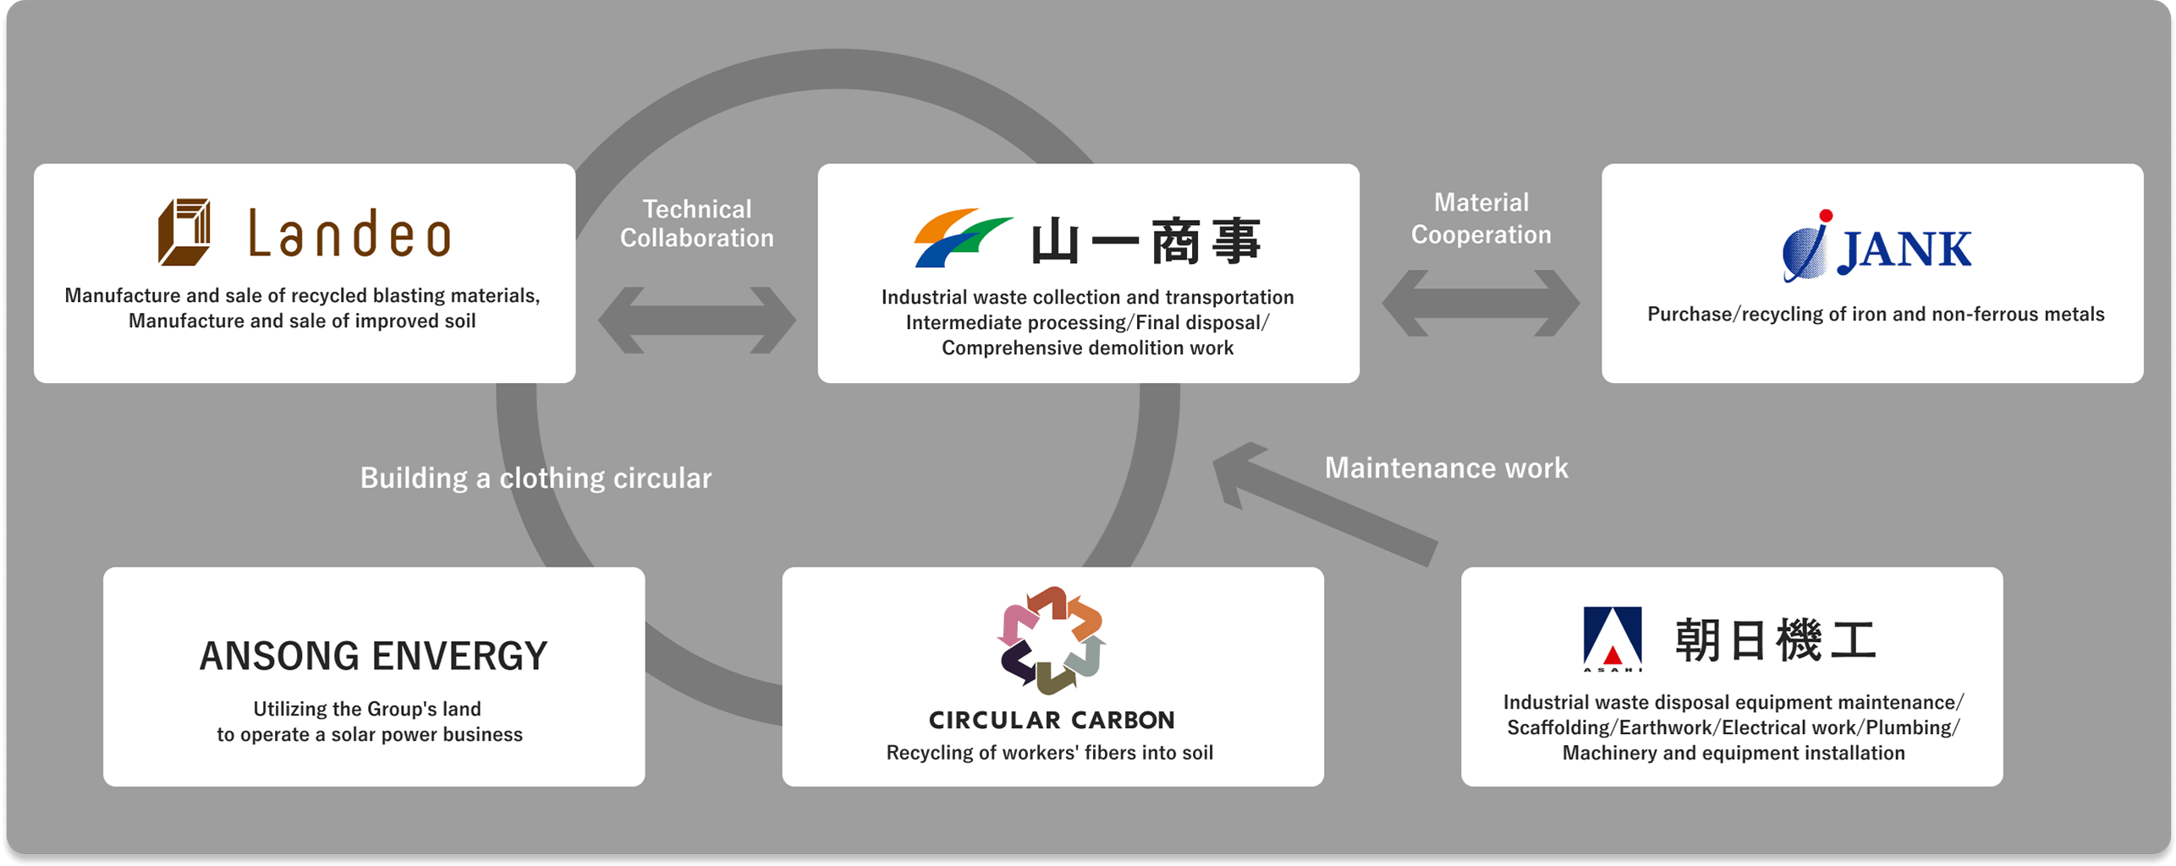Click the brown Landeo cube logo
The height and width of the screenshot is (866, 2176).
[184, 232]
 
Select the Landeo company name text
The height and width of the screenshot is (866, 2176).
[349, 235]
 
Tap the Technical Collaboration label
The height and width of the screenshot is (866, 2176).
[696, 223]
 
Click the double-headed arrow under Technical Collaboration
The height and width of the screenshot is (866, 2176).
[696, 320]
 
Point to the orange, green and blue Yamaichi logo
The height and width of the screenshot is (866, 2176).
[962, 238]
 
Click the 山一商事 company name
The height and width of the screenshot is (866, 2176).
[1146, 242]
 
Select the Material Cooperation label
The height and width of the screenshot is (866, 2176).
[1481, 218]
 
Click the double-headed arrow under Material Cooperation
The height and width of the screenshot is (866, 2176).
[1481, 303]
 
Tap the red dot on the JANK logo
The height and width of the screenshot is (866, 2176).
[1826, 216]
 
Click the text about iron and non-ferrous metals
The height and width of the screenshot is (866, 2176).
[1875, 315]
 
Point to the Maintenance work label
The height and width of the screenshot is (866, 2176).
[1446, 468]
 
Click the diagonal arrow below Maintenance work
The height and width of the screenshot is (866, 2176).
[1324, 502]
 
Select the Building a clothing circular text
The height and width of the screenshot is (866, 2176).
[536, 478]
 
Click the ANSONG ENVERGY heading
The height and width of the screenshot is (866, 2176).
[373, 656]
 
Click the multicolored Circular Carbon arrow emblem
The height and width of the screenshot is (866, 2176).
[1051, 640]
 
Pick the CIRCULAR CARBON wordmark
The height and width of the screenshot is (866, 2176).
[1052, 721]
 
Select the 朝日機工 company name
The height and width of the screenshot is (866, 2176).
[1775, 640]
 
